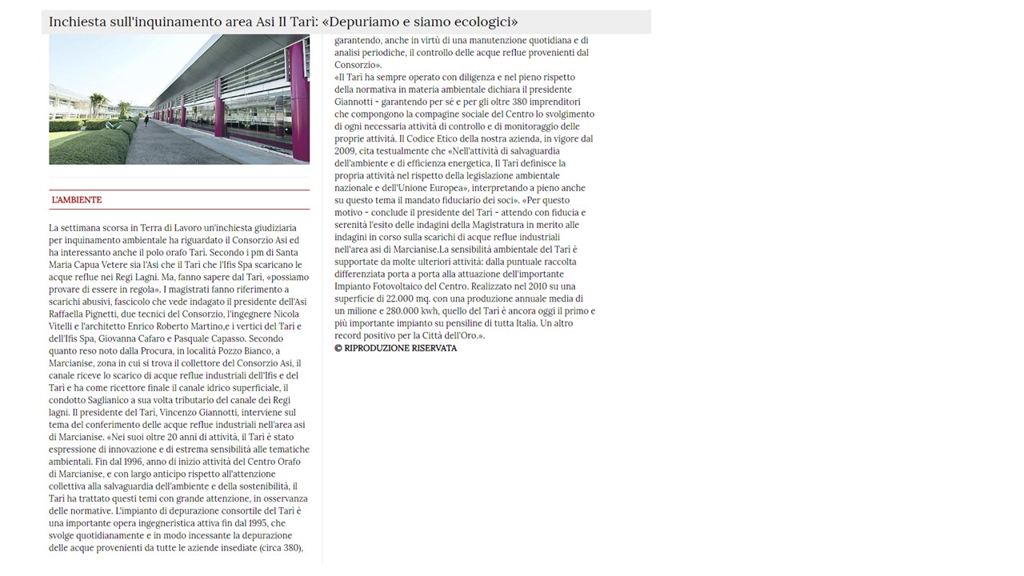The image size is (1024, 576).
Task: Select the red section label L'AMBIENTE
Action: [x=77, y=200]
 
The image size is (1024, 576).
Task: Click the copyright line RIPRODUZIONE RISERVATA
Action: [x=400, y=348]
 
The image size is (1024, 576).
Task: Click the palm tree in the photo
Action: [x=99, y=103]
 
